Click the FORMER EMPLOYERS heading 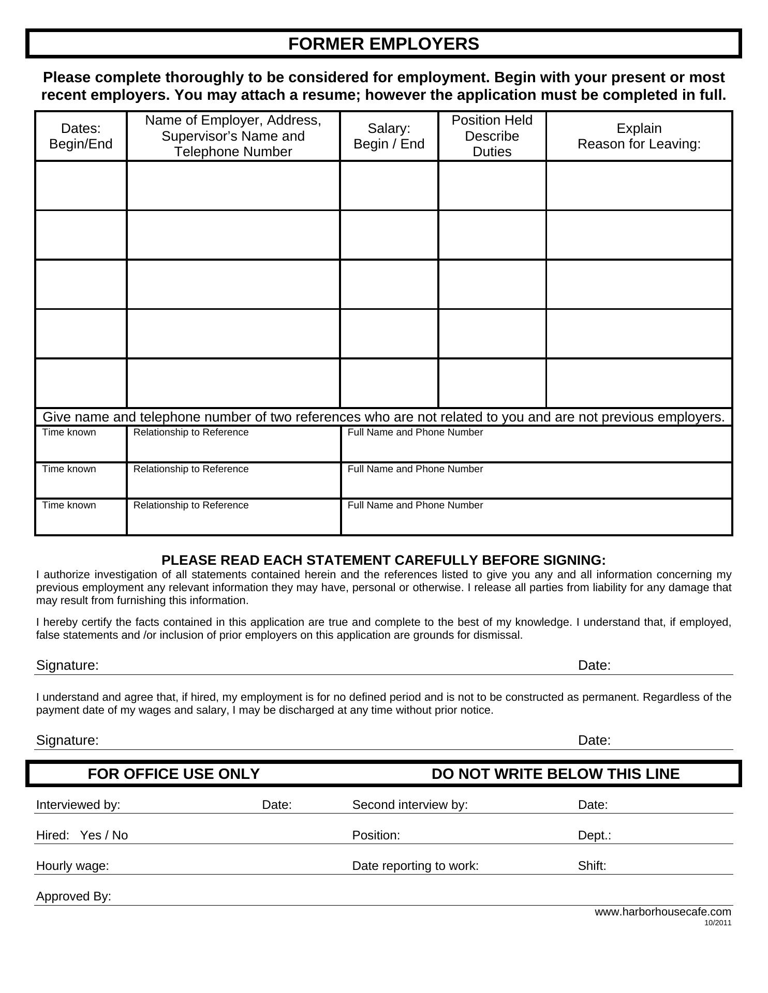[383, 44]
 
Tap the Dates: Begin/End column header [81, 136]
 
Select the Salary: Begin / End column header [389, 136]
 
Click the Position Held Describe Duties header [492, 136]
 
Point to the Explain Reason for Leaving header [639, 136]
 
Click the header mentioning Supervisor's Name [233, 136]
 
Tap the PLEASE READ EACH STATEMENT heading [383, 560]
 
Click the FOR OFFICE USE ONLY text [173, 774]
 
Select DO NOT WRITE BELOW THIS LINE [555, 774]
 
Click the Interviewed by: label [78, 805]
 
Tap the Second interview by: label [410, 805]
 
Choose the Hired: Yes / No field [82, 835]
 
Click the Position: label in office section [376, 835]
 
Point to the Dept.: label [594, 835]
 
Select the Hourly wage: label [72, 866]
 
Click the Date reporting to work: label [415, 866]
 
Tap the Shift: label [592, 866]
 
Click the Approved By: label [73, 896]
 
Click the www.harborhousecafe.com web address [662, 912]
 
